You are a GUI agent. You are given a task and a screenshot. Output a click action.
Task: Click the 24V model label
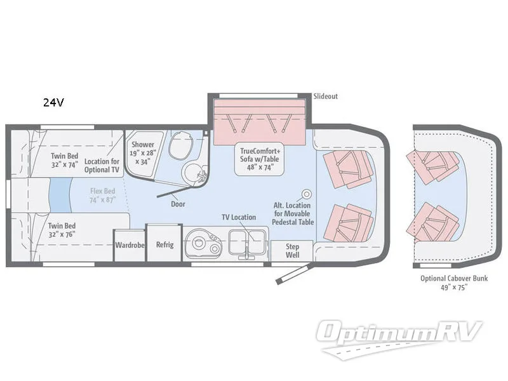53,102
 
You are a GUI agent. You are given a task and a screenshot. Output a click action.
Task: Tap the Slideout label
326,97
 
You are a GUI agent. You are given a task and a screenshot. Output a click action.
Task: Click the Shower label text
142,145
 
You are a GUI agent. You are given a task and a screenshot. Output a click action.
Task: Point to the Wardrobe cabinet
130,245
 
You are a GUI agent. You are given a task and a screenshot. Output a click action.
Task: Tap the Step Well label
292,251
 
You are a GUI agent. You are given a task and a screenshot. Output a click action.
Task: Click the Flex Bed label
103,196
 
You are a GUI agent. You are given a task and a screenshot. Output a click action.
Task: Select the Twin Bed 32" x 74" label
65,161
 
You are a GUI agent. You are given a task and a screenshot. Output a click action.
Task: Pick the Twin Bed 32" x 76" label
62,230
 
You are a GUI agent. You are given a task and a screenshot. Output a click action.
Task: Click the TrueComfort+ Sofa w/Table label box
260,159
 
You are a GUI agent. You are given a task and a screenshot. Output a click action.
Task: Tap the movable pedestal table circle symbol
307,194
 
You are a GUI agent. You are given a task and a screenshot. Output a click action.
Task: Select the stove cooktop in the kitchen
203,244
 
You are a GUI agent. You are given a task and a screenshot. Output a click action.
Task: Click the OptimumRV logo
399,338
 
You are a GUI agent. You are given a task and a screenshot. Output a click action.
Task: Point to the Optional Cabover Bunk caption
454,283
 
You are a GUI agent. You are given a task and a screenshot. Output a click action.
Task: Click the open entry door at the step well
294,274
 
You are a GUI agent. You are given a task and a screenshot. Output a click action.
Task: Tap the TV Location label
239,217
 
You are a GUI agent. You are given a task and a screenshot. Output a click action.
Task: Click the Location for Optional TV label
102,166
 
